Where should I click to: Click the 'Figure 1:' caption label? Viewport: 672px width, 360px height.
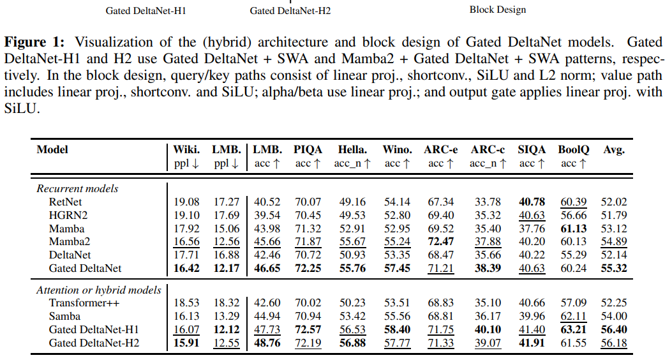coord(35,43)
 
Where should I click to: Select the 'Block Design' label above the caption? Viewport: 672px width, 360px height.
coord(498,10)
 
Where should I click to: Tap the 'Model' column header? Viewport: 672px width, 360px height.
coord(52,150)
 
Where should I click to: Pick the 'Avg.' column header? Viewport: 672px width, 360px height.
coord(614,150)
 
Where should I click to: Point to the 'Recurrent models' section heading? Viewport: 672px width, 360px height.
coord(77,188)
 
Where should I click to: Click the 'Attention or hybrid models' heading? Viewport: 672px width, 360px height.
coord(99,290)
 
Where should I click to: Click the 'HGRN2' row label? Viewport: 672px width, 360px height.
coord(64,215)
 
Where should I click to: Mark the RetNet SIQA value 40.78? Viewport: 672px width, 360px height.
coord(531,202)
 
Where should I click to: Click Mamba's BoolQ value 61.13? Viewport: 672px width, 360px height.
coord(574,229)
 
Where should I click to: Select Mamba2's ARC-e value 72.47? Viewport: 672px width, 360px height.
coord(441,242)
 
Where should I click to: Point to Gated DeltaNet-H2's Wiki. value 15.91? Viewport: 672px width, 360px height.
coord(187,343)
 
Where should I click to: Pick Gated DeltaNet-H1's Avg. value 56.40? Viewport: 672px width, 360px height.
coord(614,330)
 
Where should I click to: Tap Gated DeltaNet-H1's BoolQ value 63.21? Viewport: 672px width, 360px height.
coord(574,330)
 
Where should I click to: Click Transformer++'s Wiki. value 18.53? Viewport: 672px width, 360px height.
coord(187,303)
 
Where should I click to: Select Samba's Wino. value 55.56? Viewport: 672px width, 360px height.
coord(397,317)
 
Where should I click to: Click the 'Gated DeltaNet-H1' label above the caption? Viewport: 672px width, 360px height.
coord(147,11)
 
